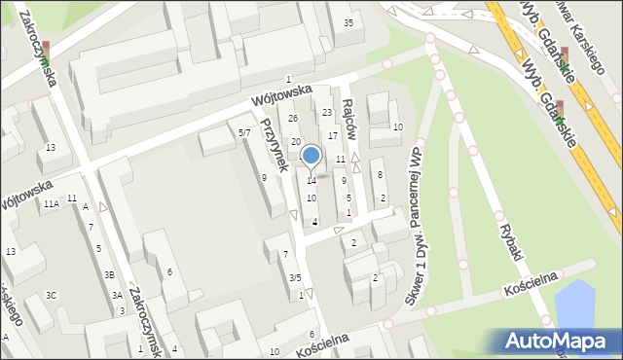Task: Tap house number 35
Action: pyautogui.click(x=348, y=22)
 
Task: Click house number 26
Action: pyautogui.click(x=293, y=119)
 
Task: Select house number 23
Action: pyautogui.click(x=327, y=112)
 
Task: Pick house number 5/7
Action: pyautogui.click(x=244, y=132)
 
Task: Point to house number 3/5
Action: pyautogui.click(x=294, y=277)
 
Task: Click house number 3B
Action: pyautogui.click(x=110, y=274)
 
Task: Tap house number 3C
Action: pyautogui.click(x=52, y=295)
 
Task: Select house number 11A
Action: pyautogui.click(x=51, y=203)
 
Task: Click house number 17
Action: pyautogui.click(x=333, y=135)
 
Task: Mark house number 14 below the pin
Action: pyautogui.click(x=311, y=181)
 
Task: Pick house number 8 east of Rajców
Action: pyautogui.click(x=380, y=174)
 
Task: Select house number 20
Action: pyautogui.click(x=295, y=142)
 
